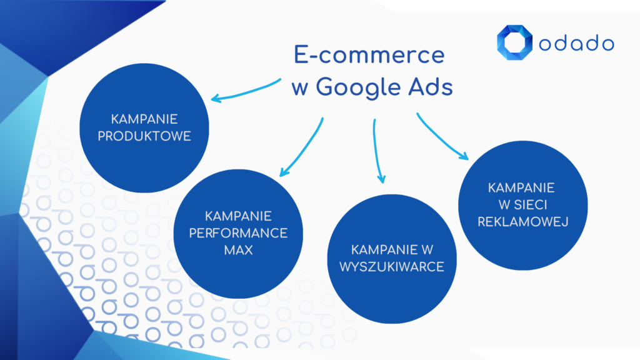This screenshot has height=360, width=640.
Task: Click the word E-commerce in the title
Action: (369, 56)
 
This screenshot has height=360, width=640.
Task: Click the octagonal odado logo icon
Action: (514, 42)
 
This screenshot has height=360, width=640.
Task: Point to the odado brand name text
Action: (576, 43)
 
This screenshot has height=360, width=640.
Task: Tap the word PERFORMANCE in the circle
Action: (238, 233)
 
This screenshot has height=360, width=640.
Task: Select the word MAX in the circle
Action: (238, 250)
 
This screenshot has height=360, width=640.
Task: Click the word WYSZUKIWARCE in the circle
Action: (392, 267)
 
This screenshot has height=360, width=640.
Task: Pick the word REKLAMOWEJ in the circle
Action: (522, 221)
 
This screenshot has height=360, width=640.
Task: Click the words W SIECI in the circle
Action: (522, 204)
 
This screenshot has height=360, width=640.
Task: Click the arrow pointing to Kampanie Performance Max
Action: (302, 147)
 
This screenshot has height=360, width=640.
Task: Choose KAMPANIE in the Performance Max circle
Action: (238, 216)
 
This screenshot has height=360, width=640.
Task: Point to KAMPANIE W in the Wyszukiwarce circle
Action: (392, 250)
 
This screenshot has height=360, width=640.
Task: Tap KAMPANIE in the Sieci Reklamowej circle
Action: (522, 187)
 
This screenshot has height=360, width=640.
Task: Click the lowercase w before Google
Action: (298, 88)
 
